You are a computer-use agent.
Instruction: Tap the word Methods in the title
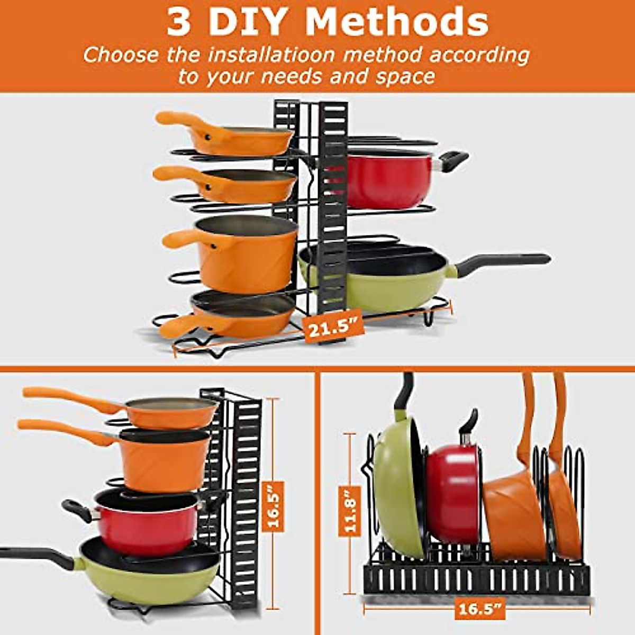[x=397, y=22]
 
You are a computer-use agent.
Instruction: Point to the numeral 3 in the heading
[x=178, y=22]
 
